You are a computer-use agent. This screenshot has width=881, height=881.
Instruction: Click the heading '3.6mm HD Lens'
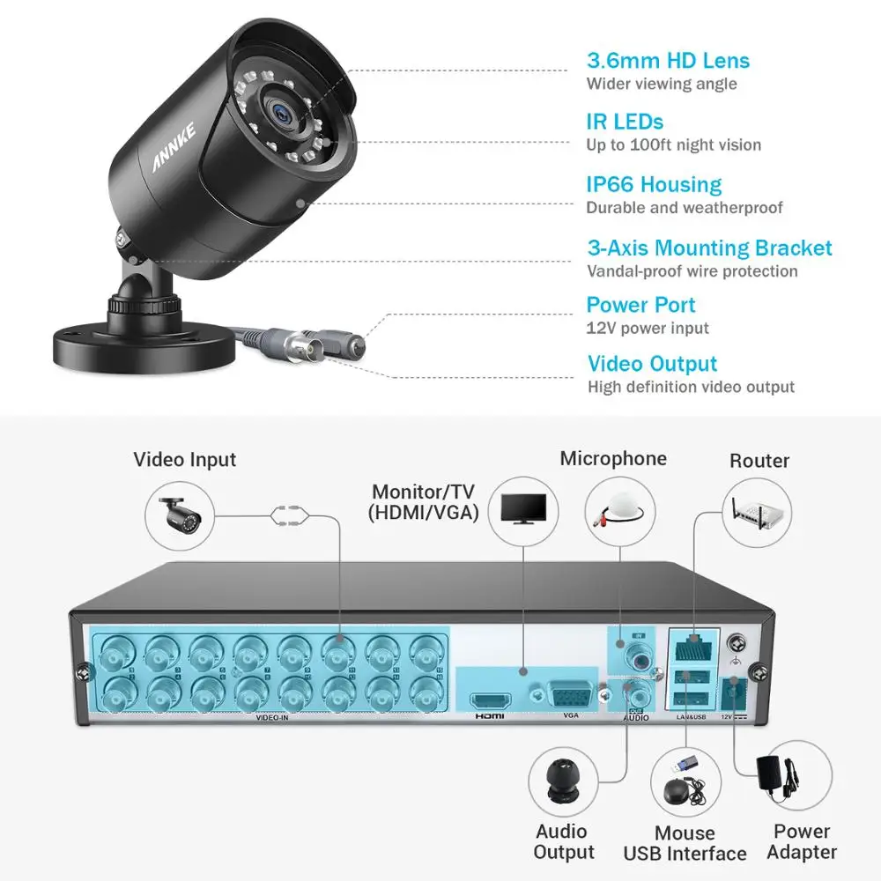[x=668, y=61]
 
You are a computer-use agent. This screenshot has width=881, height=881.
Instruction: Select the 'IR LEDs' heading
[x=625, y=122]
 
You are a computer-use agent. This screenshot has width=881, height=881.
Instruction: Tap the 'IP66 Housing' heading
[x=654, y=185]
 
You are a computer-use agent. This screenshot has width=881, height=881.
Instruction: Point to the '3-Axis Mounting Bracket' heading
[x=709, y=248]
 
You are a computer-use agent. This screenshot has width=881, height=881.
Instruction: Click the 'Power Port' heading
[x=640, y=305]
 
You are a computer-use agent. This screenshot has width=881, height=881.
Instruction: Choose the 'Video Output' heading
[x=652, y=364]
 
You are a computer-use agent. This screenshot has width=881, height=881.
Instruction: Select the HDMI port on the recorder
[x=490, y=702]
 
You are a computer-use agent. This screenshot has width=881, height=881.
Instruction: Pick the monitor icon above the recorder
[x=523, y=508]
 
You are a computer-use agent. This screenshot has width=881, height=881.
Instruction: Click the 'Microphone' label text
[x=613, y=458]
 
